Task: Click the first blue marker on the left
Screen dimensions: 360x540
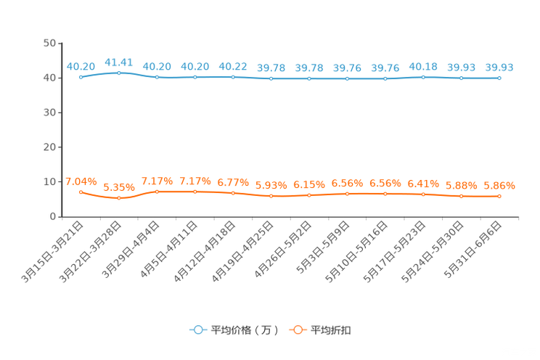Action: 81,76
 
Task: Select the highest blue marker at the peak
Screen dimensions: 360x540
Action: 118,72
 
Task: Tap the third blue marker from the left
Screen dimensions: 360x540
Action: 157,76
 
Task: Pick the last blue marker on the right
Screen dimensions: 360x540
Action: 499,78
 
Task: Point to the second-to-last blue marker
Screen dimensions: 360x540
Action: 461,78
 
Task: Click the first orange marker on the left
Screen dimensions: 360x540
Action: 81,192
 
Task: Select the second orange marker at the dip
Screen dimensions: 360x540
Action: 118,198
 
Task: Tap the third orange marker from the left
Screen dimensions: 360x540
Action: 157,192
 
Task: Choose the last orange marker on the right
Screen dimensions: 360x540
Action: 499,196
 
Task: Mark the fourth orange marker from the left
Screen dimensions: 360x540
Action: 195,192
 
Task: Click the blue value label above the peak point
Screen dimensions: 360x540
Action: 118,62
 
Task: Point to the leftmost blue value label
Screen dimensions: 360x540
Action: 81,66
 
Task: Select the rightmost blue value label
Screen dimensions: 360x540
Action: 499,67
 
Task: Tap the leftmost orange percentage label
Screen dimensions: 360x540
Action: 81,181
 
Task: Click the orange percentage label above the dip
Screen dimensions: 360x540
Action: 118,188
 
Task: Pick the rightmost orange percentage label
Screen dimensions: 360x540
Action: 499,186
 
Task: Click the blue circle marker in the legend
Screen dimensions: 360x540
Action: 197,330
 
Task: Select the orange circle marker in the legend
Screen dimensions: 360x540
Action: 298,330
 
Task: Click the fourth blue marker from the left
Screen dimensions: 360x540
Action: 195,76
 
